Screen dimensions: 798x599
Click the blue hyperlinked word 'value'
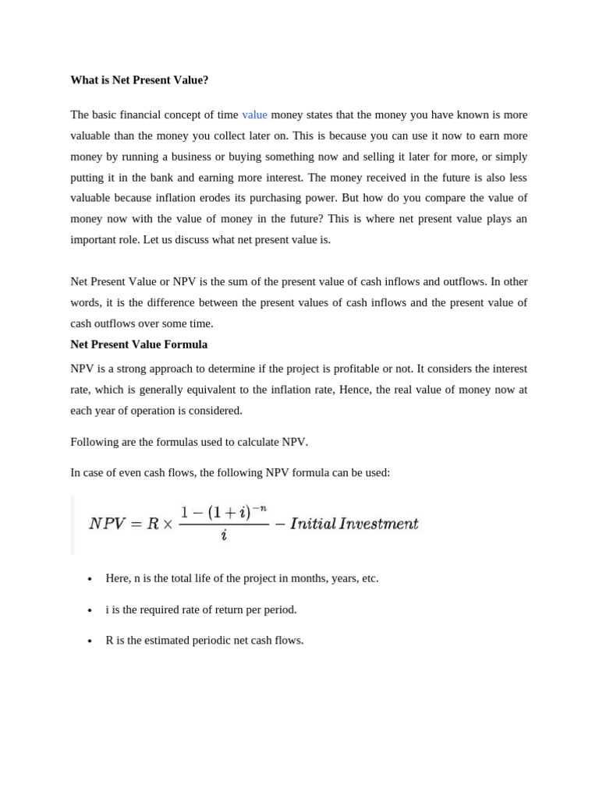coord(254,115)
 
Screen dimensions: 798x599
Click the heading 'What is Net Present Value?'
coord(140,80)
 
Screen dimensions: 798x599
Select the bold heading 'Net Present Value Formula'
coord(139,344)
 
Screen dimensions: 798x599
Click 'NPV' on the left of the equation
coord(107,524)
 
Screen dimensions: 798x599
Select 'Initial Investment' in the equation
coord(354,524)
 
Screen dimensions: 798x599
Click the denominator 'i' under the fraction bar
coord(224,536)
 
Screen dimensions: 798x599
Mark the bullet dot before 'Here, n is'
coord(90,579)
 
